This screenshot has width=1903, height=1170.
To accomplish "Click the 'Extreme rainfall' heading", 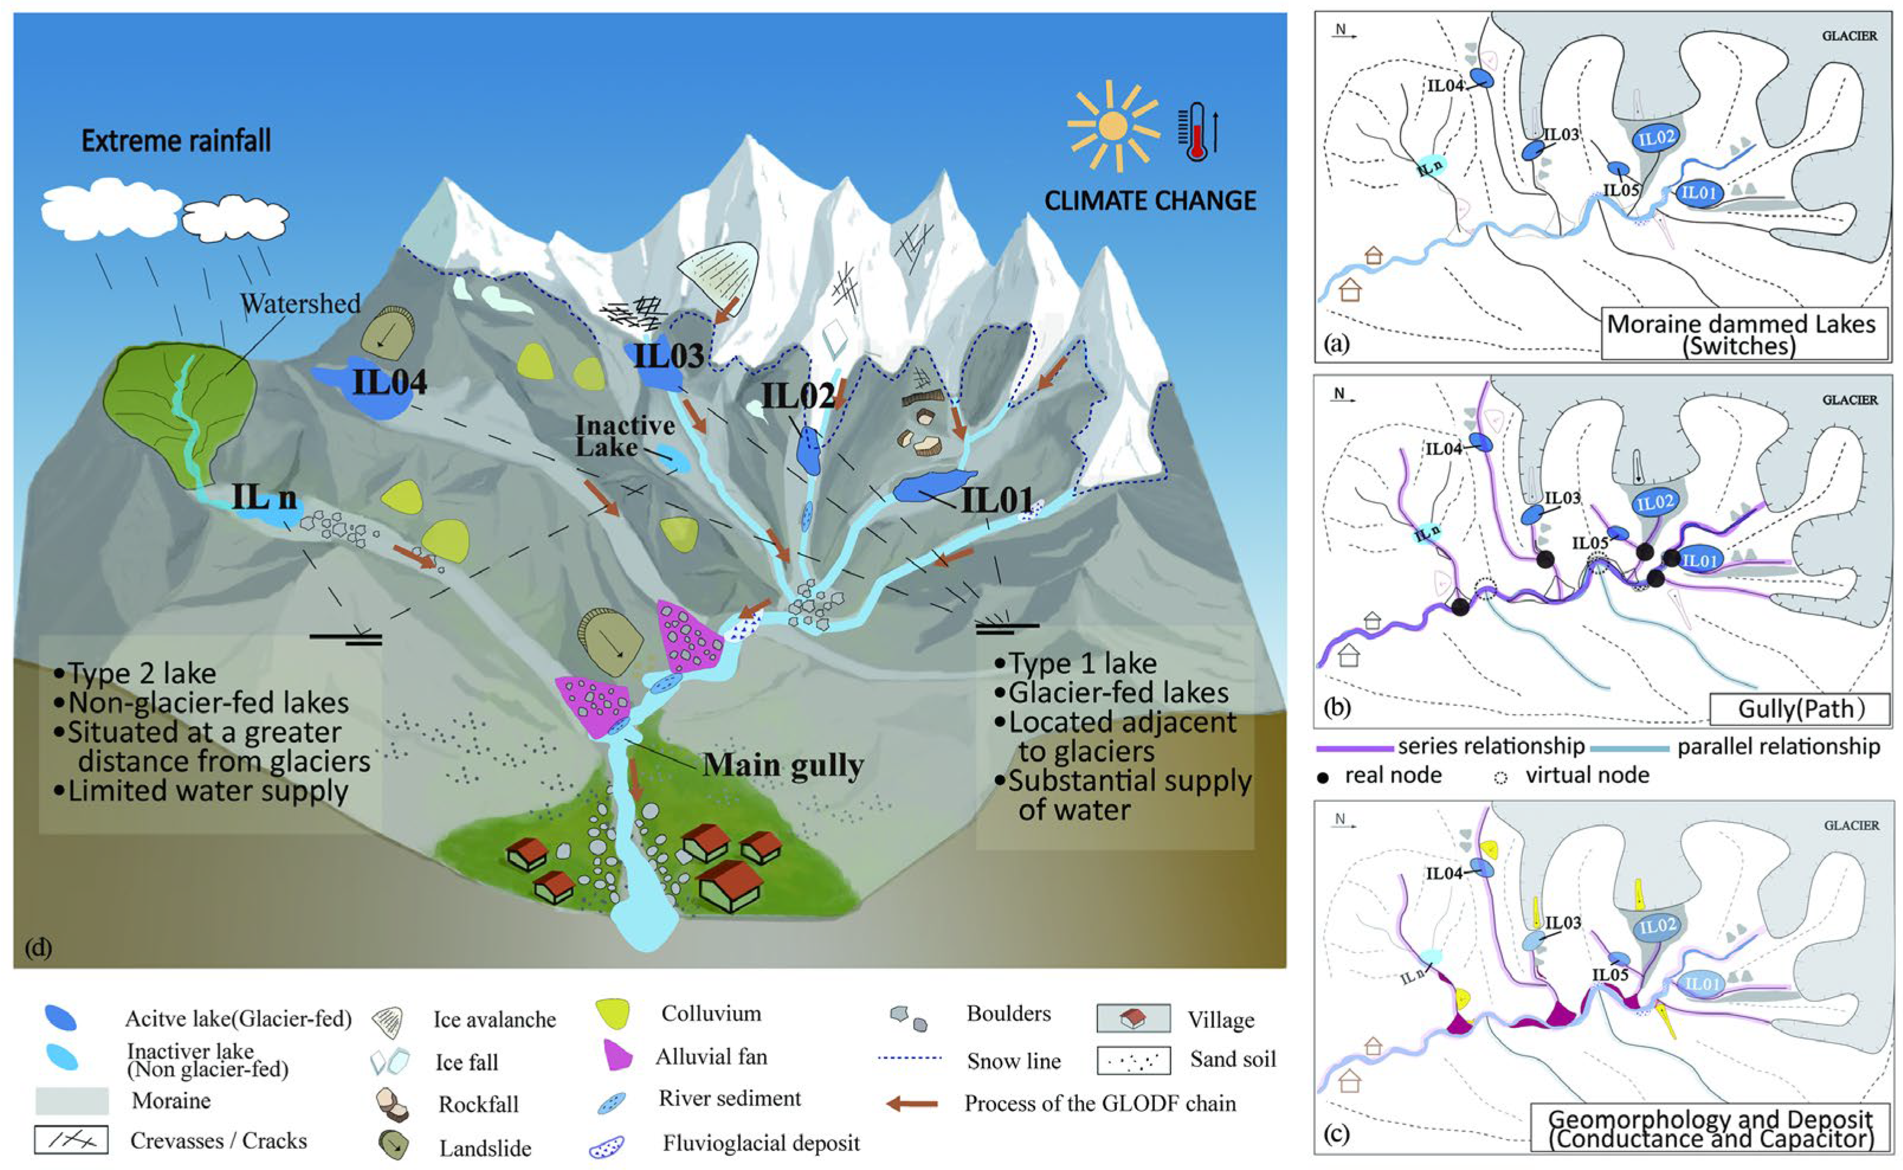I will tap(176, 141).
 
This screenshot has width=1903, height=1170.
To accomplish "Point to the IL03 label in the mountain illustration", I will tap(669, 355).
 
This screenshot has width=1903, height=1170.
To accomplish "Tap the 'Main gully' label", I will tap(783, 765).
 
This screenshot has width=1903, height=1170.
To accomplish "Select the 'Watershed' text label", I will tap(300, 304).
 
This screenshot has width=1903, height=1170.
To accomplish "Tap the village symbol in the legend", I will tap(1133, 1020).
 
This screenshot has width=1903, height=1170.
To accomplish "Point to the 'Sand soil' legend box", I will tap(1133, 1060).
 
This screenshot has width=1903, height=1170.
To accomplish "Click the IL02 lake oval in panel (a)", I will tap(1656, 138).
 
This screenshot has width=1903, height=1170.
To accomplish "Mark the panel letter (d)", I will tap(38, 946).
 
